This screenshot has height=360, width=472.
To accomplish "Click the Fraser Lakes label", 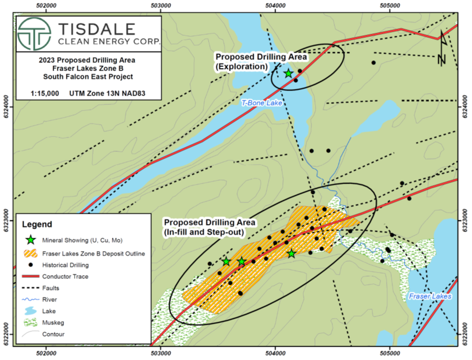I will click(430, 296).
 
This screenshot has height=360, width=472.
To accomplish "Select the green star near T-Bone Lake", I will click(288, 73).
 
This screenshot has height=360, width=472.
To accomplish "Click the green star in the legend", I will click(31, 239).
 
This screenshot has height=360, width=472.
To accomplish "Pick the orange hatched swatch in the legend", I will click(31, 253).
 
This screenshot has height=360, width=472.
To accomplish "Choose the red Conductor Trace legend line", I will click(31, 277).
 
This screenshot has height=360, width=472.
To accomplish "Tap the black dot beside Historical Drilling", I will click(31, 265).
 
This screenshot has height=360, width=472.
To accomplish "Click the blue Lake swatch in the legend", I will click(31, 311).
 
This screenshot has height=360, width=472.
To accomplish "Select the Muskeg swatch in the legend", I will click(31, 323).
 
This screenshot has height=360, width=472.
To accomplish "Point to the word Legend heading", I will click(37, 224).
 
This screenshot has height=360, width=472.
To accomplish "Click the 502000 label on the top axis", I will click(46, 5).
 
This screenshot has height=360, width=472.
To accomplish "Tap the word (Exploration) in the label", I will click(242, 66).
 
